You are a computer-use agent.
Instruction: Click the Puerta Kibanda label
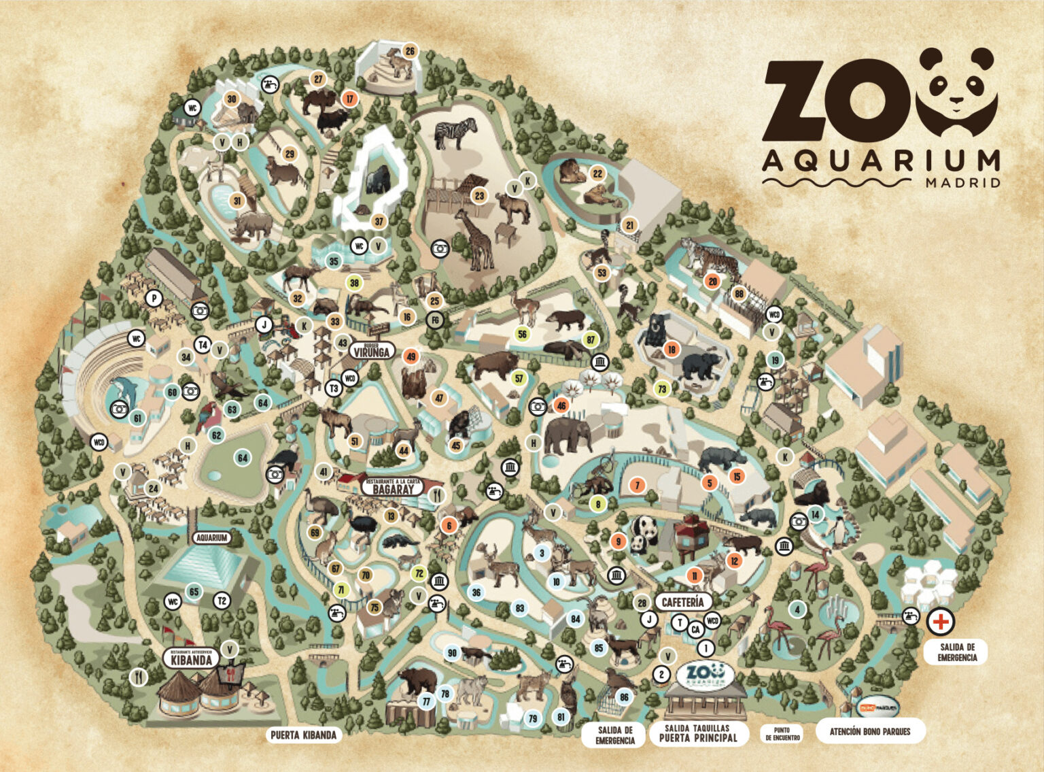coord(303,735)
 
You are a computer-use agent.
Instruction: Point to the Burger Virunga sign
coord(372,351)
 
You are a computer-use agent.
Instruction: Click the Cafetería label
coord(682,602)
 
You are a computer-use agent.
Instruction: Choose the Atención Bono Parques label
coord(869,732)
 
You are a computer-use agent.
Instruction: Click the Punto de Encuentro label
coord(782,734)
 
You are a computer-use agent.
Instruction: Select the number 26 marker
coord(410,51)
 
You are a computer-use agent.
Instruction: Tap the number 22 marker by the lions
coord(597,173)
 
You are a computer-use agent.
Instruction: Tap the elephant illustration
coord(565,435)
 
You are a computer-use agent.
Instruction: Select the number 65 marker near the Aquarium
coord(194,592)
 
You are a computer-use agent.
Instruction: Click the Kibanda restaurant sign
coord(191,658)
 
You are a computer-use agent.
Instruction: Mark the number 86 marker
coord(624,697)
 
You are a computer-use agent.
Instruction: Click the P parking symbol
coord(155,298)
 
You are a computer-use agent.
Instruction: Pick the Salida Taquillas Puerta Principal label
coord(698,733)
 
